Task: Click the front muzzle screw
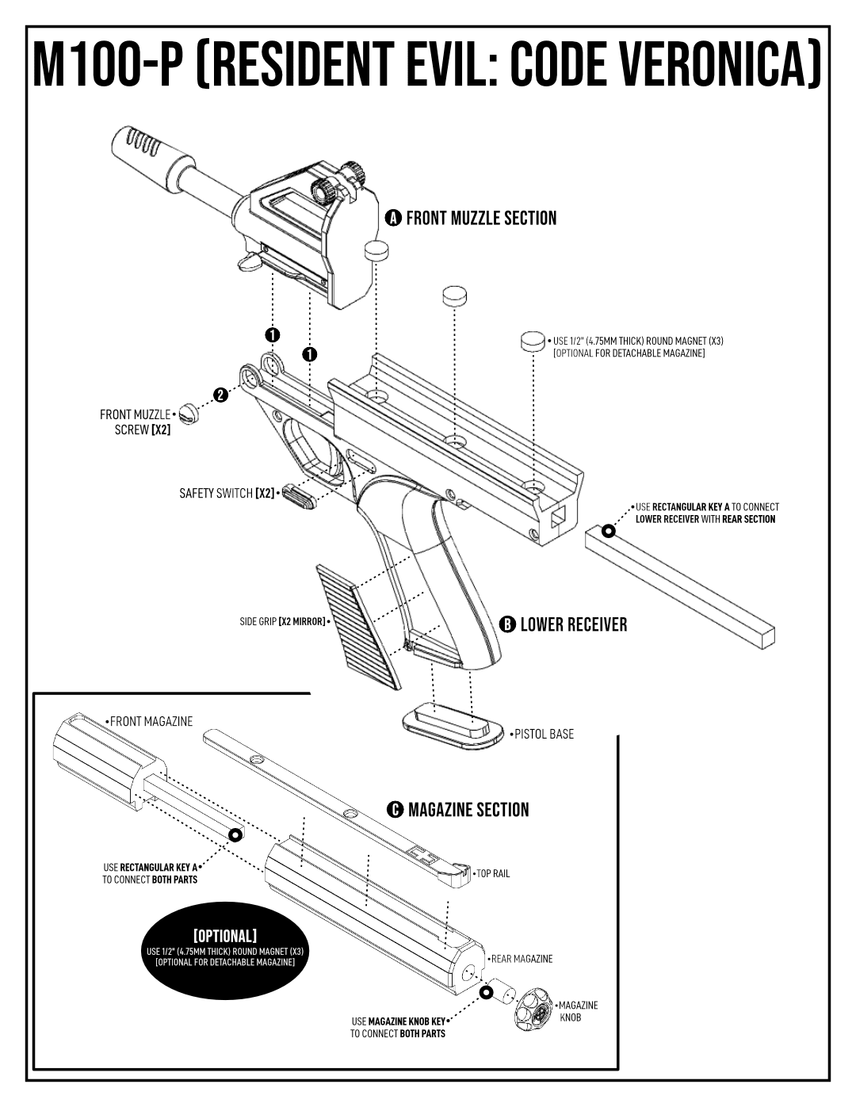tap(189, 411)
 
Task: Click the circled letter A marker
tap(392, 218)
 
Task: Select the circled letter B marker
tap(506, 624)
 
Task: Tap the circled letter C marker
tap(394, 810)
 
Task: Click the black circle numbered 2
tap(220, 395)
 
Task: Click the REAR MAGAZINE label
tap(522, 959)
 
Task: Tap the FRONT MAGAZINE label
tap(151, 721)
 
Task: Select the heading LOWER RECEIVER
tap(573, 624)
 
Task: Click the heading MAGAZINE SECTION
tap(468, 810)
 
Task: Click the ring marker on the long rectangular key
tap(609, 530)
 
